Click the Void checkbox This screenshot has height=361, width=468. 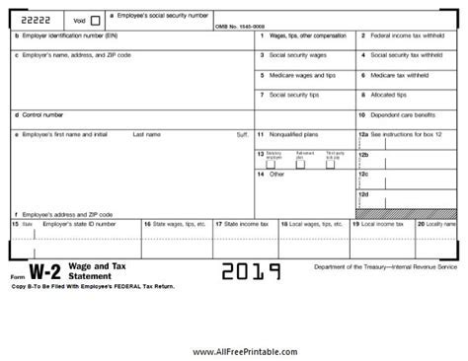coord(95,20)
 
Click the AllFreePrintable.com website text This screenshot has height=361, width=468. coord(234,349)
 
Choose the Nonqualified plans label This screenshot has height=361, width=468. coord(295,132)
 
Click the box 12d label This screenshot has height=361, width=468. coord(363,193)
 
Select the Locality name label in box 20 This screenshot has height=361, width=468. coord(435,225)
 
